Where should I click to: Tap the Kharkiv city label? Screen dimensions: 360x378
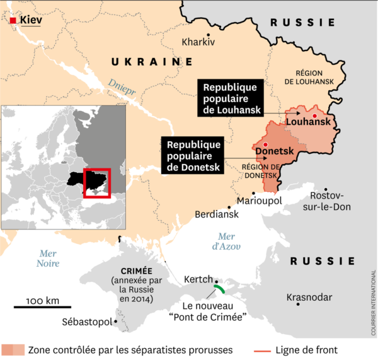tap(198, 42)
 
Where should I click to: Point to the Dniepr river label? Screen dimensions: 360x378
tap(122, 88)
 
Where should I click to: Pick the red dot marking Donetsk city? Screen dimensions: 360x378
tap(266, 145)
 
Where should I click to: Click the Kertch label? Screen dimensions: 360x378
tap(198, 279)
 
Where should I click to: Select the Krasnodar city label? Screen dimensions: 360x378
tap(309, 296)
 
